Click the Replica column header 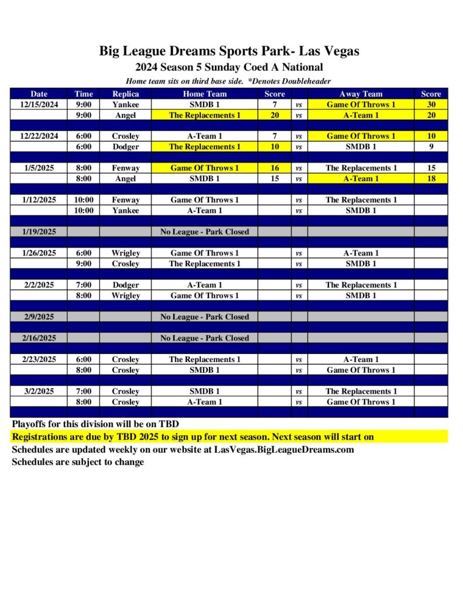tap(125, 94)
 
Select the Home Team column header tap(204, 94)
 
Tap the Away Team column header tap(361, 94)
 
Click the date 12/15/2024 tap(39, 105)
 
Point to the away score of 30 tap(431, 105)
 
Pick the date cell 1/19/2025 tap(39, 232)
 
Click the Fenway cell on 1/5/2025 tap(125, 168)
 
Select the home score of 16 tap(275, 168)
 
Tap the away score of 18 tap(431, 178)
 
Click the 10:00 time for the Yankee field tap(84, 211)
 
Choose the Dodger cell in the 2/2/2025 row tap(125, 285)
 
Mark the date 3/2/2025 tap(39, 391)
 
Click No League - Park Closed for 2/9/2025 tap(204, 317)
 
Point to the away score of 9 tap(431, 147)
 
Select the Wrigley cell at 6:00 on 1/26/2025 tap(125, 253)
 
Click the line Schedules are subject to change tap(78, 462)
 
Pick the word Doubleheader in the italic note tap(309, 81)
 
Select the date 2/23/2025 tap(39, 359)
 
